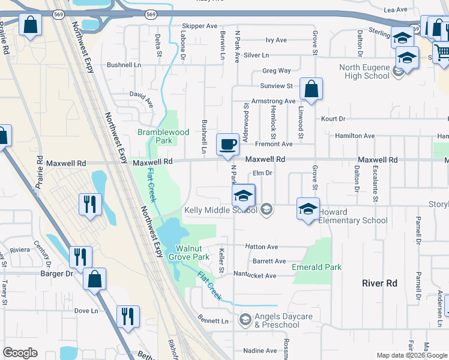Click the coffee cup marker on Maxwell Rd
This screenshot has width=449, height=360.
pyautogui.click(x=228, y=145)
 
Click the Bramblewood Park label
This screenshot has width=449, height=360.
pyautogui.click(x=163, y=136)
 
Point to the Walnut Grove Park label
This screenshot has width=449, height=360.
pyautogui.click(x=192, y=253)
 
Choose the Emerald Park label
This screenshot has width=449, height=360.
pyautogui.click(x=316, y=267)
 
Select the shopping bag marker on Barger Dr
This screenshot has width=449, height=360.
pyautogui.click(x=94, y=279)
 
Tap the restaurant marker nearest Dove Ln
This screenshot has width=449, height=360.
pyautogui.click(x=128, y=316)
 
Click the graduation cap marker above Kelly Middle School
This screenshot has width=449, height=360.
pyautogui.click(x=244, y=195)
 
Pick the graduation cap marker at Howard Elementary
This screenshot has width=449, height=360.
pyautogui.click(x=308, y=209)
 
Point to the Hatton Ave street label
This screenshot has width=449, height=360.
pyautogui.click(x=262, y=247)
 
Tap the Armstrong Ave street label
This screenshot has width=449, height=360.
pyautogui.click(x=274, y=101)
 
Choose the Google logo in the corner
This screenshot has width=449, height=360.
pyautogui.click(x=20, y=353)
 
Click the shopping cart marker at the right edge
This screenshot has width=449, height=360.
pyautogui.click(x=442, y=52)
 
